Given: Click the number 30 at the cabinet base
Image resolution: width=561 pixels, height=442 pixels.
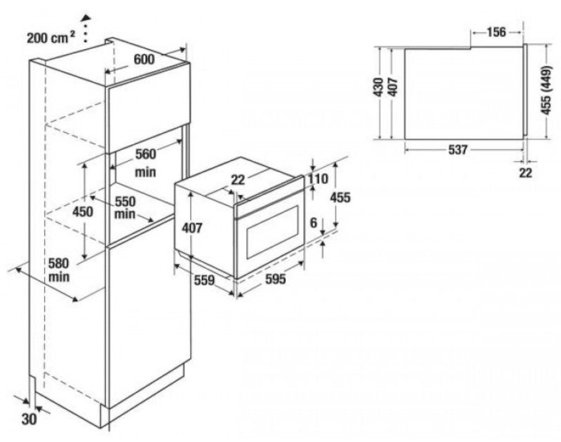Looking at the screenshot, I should (30, 419).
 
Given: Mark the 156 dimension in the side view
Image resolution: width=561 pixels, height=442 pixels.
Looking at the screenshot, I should (496, 32).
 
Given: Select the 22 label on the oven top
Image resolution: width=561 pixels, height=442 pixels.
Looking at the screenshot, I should (238, 180).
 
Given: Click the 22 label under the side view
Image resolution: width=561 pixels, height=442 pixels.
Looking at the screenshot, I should (526, 172).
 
